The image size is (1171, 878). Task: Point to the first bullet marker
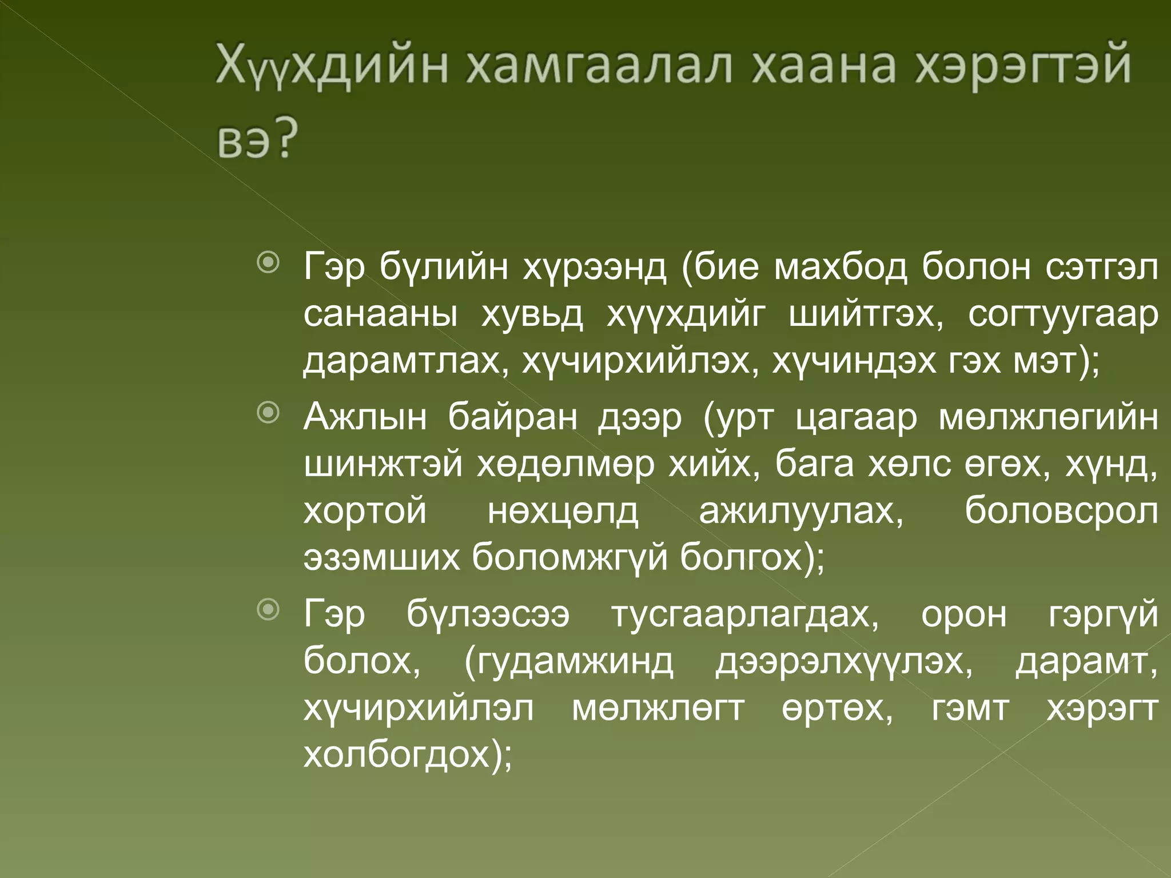pos(268,263)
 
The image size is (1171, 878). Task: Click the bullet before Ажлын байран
pos(268,413)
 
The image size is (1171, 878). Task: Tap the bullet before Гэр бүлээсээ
pos(268,610)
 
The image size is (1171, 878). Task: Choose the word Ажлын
pos(365,417)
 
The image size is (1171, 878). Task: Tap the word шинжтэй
pos(383,464)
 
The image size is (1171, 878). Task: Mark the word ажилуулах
pos(801,510)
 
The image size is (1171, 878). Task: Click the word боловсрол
pos(1061,512)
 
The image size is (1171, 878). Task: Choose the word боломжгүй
pos(569,557)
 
